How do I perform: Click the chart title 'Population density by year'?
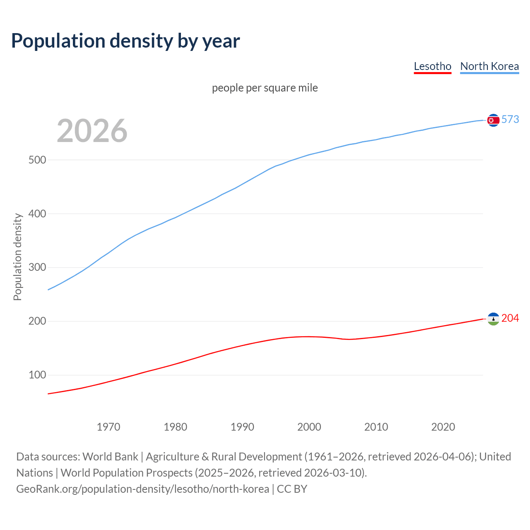point(125,41)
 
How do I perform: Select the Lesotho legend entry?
point(432,66)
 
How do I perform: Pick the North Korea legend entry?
point(489,66)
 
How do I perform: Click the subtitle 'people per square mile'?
point(265,88)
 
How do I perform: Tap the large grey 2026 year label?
point(92,131)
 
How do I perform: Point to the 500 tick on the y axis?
point(37,160)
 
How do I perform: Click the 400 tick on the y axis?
point(37,214)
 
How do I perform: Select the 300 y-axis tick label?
point(37,267)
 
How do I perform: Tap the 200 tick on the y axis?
point(37,321)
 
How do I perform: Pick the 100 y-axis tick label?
point(37,375)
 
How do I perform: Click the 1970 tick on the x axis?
point(108,427)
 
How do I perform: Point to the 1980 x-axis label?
point(175,427)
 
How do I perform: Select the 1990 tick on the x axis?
point(242,427)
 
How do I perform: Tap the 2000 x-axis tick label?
point(309,427)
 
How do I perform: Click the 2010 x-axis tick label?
point(376,427)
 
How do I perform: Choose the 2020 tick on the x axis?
point(443,427)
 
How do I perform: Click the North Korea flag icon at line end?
point(493,120)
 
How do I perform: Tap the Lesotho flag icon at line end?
point(493,319)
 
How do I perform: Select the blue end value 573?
point(510,120)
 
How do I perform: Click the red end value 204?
point(510,318)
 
